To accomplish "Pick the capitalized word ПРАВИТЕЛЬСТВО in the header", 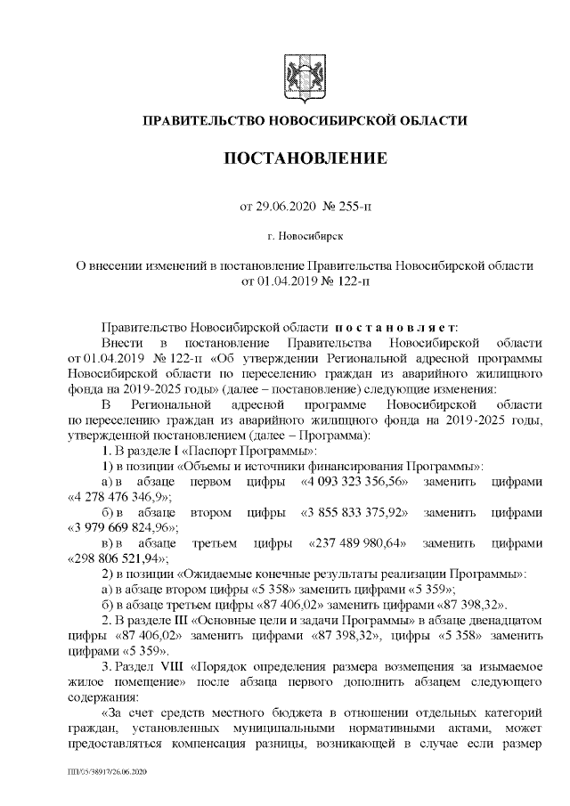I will click(x=204, y=120).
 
